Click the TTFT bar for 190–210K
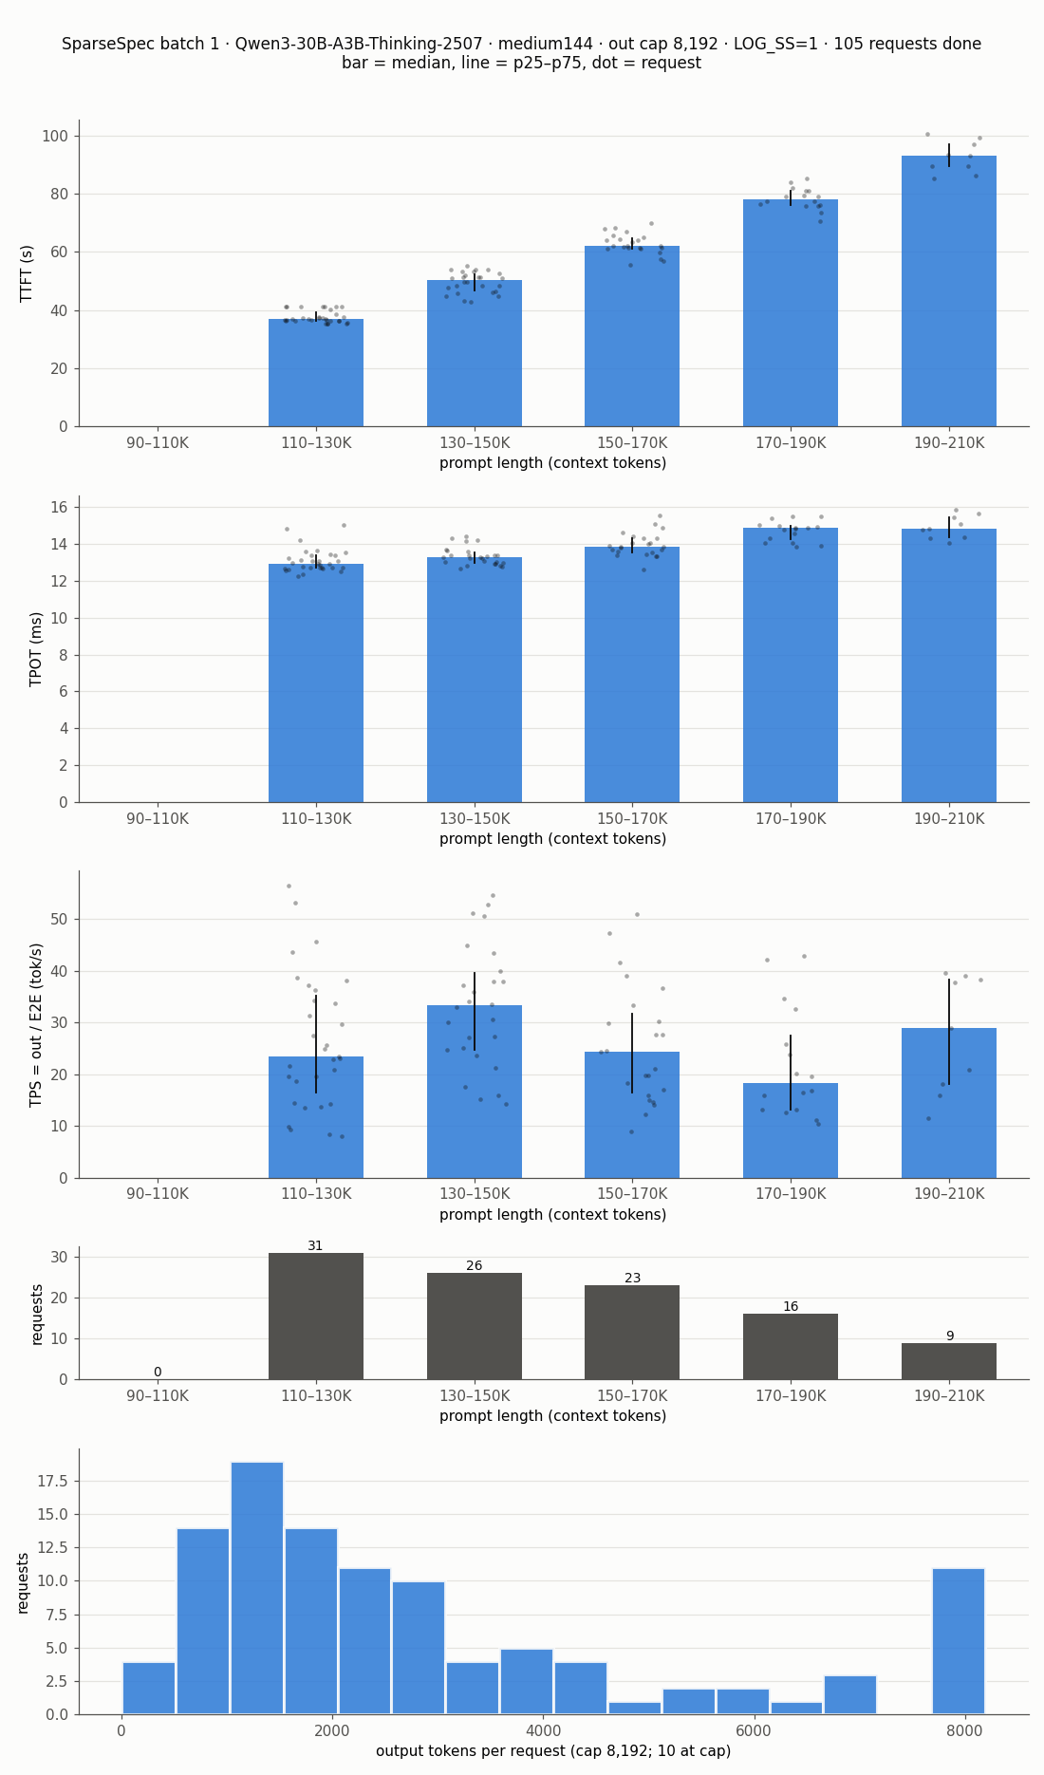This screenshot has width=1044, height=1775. (949, 290)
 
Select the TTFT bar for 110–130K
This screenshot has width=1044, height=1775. (316, 372)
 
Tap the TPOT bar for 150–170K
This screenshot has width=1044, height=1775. (632, 674)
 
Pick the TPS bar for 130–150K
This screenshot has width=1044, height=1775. (475, 1092)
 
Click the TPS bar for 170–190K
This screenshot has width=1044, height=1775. (791, 1130)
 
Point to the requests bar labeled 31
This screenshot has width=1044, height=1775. (316, 1316)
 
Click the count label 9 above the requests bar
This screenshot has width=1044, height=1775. (949, 1336)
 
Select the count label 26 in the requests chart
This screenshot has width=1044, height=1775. (475, 1266)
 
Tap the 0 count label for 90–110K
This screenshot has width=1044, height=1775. (158, 1373)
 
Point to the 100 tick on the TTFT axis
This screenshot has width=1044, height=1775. (55, 136)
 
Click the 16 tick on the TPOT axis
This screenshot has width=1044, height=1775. (60, 507)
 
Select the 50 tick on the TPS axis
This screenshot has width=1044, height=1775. (60, 919)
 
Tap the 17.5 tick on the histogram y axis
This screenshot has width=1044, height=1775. (52, 1481)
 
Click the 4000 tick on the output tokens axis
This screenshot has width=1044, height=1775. (543, 1730)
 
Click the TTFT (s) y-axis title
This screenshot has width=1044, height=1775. (28, 273)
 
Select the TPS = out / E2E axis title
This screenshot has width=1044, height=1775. (37, 1024)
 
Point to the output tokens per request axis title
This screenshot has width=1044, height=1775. (553, 1751)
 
